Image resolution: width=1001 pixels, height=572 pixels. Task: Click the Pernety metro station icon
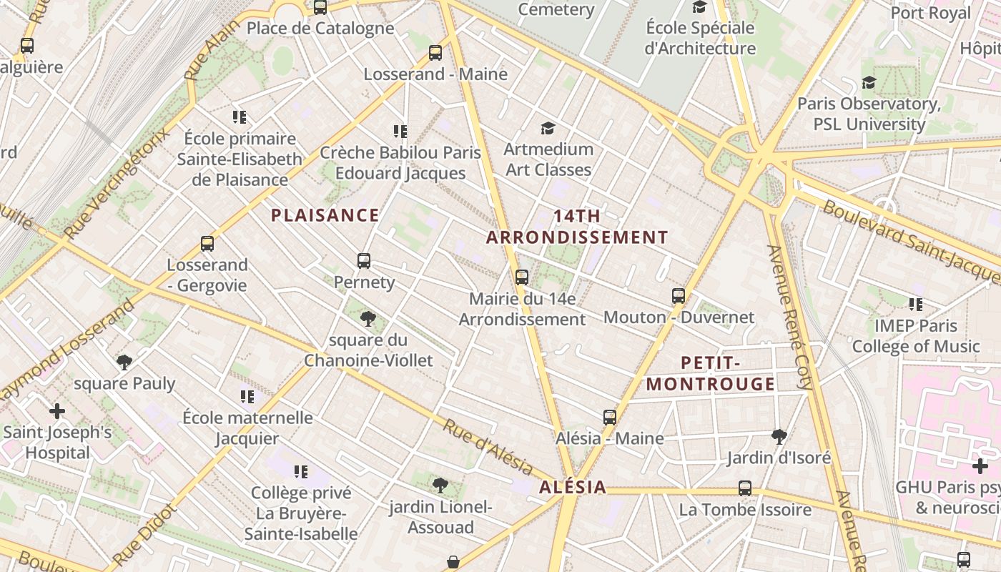364,261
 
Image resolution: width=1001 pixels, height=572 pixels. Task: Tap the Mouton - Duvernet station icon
679,295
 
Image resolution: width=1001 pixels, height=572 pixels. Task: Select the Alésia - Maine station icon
610,417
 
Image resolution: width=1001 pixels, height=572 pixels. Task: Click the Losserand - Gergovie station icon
207,244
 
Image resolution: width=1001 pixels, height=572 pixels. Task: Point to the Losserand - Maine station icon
435,53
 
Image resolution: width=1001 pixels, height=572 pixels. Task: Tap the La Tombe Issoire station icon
745,488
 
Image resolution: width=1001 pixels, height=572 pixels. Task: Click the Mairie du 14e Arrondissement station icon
522,277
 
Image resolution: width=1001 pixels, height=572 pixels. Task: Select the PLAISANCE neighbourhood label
325,215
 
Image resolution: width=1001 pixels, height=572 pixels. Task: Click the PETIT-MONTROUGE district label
711,373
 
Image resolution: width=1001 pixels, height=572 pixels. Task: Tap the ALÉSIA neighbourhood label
573,488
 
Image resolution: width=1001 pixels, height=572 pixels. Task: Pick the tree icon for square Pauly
124,363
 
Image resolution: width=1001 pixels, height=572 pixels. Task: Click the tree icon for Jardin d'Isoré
779,436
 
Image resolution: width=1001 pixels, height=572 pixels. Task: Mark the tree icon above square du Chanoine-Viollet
368,319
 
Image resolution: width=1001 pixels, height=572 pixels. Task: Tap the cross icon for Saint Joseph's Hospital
57,411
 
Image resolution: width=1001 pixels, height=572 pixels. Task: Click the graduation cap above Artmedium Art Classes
548,128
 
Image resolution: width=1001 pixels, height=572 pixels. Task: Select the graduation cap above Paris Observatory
869,83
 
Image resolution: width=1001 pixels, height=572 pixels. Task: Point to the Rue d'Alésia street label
488,448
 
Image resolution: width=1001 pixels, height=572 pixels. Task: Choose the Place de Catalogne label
320,29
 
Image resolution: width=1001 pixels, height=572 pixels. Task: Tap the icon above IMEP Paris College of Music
916,305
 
